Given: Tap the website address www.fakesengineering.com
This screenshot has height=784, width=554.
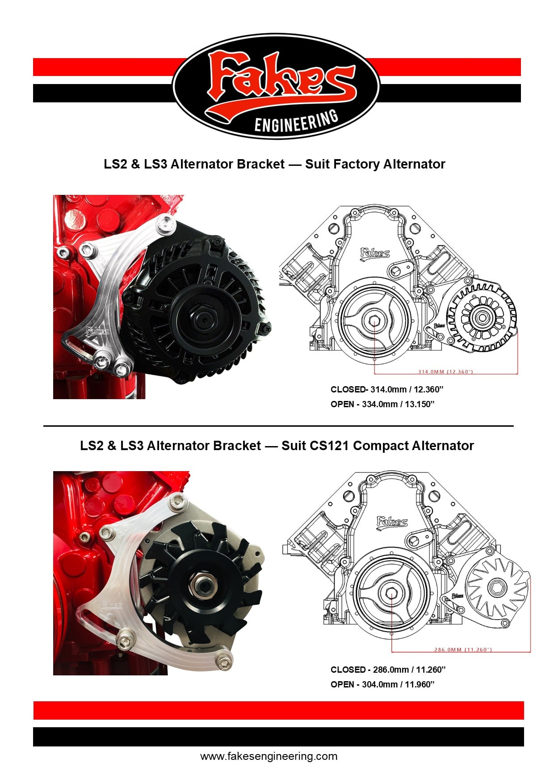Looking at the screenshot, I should point(269,756).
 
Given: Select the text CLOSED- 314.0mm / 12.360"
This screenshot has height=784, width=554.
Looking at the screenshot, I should point(387,389).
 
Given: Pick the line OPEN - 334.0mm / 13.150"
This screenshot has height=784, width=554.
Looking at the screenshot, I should point(382,404).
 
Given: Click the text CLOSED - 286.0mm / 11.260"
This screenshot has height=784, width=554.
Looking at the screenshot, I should point(388,670).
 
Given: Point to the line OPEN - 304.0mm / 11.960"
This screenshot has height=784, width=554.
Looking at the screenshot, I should point(382,684).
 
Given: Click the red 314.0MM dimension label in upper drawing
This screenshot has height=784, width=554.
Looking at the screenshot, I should point(445,371).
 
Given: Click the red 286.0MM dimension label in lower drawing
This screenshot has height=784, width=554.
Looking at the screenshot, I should point(463,649).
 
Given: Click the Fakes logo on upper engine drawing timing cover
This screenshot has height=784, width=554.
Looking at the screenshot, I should point(375,253).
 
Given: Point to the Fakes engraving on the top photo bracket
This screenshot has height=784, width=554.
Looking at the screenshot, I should point(97,331).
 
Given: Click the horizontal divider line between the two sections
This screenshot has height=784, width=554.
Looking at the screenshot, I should point(278,426).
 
